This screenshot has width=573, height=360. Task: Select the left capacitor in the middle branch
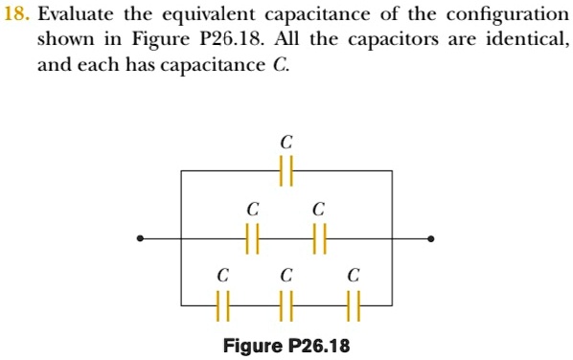coord(252,238)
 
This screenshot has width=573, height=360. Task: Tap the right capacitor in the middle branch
coord(318,238)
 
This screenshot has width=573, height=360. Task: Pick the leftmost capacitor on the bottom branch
coord(222,305)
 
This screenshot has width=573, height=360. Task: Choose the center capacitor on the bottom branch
coord(286,305)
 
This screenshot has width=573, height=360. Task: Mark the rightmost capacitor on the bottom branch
coord(354,305)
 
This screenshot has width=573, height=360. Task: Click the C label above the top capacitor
coord(286,142)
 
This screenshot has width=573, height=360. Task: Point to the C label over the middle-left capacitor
coord(252,208)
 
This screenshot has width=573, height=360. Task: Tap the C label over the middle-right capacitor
coord(318,208)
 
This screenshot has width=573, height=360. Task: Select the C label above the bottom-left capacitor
coord(222,275)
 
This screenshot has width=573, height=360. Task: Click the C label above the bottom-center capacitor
coord(286,275)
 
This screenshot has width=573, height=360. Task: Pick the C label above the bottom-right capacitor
coord(354,275)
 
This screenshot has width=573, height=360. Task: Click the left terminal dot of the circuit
coord(142,238)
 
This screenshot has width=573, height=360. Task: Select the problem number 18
coord(16,15)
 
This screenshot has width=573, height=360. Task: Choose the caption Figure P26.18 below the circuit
coord(286,345)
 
